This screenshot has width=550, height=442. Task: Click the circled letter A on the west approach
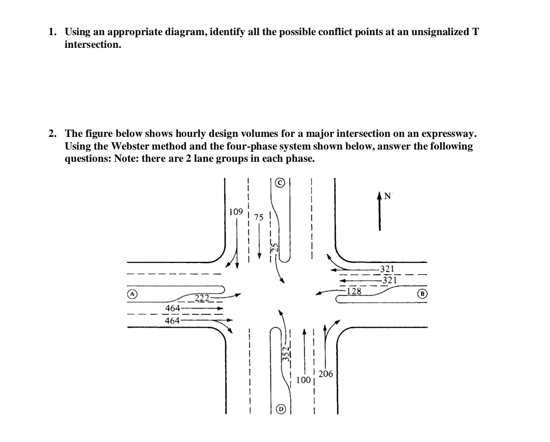point(131,294)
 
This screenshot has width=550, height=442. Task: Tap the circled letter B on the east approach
point(422,294)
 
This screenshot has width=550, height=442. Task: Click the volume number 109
point(235,211)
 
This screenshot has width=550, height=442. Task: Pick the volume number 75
point(259,217)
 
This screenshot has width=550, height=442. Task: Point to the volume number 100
point(304,379)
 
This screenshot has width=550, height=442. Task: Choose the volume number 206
point(325,374)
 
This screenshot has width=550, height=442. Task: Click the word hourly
point(160,134)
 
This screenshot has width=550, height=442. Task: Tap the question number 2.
point(52,134)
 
